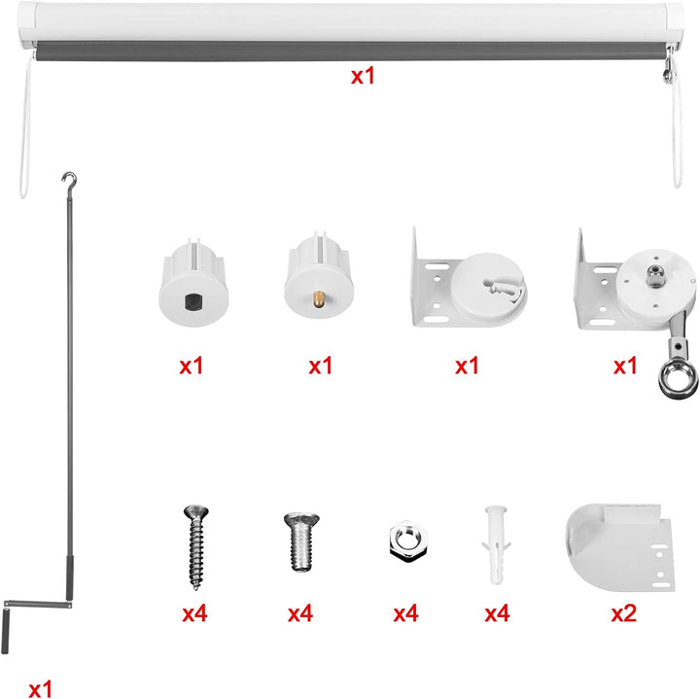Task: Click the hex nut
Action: pos(408,542)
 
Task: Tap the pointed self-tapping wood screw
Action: pos(196,546)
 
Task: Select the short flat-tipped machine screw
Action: pos(301,542)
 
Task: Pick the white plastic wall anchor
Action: pos(496,544)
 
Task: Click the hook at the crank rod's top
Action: pos(70,180)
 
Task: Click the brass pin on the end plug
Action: pos(319,298)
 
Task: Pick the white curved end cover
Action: pos(620,547)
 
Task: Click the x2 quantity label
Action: pos(623,613)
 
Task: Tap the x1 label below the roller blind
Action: pos(363,76)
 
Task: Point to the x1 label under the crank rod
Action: pos(40,688)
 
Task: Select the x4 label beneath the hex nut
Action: pos(405,613)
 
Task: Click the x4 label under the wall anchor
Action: pos(497,613)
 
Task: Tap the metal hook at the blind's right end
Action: pos(668,65)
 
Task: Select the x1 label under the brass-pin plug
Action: pos(321,366)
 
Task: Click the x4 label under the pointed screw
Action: pos(194,613)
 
